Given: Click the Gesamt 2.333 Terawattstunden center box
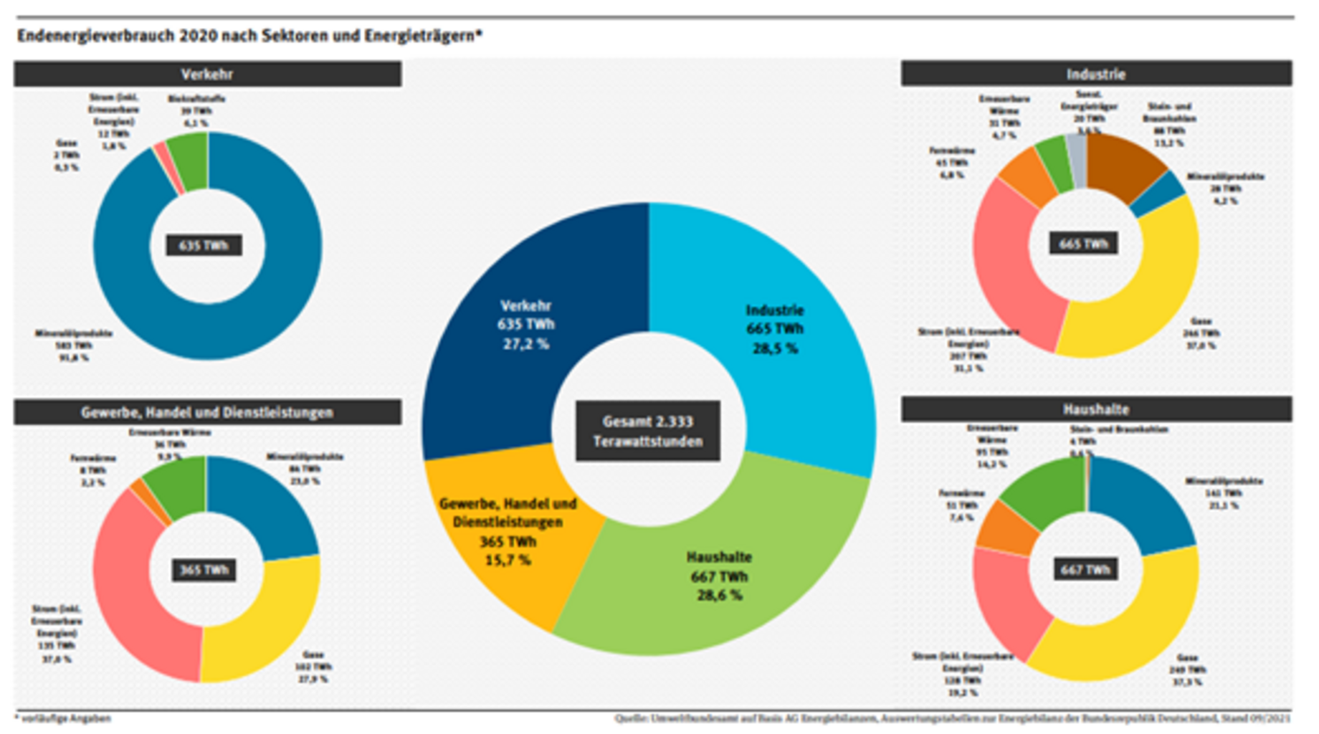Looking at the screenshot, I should coord(648,431).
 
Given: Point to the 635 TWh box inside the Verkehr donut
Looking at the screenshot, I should coord(204,245).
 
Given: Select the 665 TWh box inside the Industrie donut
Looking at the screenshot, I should coord(1083,244).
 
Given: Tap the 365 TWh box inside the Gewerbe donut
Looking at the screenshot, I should coord(204,570).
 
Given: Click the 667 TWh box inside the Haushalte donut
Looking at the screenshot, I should coord(1085,570).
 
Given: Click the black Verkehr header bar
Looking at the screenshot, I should coord(207,74).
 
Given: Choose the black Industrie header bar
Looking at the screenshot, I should coord(1096,74).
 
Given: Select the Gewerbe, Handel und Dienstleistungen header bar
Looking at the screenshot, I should coord(207,412).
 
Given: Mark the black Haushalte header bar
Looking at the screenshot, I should coord(1096,409).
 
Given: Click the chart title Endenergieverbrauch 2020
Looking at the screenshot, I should coord(249,35).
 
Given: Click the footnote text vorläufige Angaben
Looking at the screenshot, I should coord(65,718).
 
